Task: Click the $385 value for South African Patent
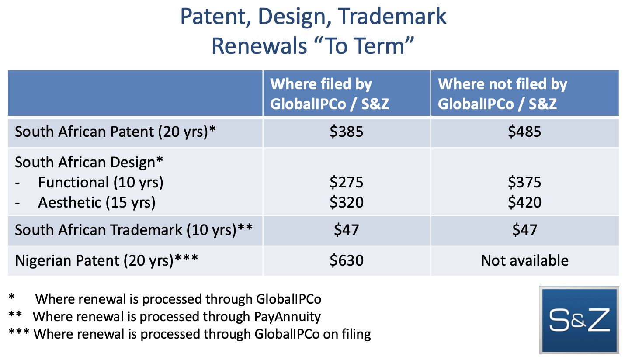click(x=346, y=132)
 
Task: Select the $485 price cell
click(x=524, y=132)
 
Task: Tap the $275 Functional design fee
click(x=346, y=182)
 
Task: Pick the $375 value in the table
click(x=524, y=182)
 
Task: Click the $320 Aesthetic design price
click(x=346, y=202)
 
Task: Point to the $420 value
click(x=524, y=202)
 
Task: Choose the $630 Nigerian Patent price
click(x=346, y=260)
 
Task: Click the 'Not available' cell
click(x=525, y=260)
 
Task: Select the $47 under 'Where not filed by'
click(x=524, y=230)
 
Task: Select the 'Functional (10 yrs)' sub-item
click(x=101, y=182)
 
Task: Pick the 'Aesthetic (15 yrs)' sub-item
click(x=97, y=202)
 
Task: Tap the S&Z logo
click(x=579, y=320)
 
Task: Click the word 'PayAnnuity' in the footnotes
click(x=288, y=317)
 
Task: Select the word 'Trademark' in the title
click(x=392, y=16)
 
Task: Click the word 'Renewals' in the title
click(x=260, y=46)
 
